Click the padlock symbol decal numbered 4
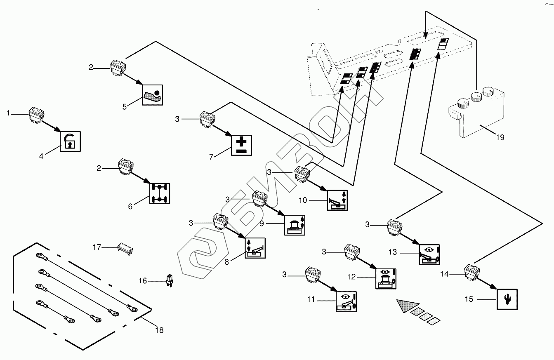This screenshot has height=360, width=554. [x=70, y=141]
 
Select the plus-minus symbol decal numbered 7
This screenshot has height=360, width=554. [x=240, y=145]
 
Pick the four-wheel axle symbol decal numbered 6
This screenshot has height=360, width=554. [x=159, y=194]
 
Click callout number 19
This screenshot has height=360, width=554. [x=500, y=138]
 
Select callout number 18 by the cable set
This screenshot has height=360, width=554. [x=159, y=330]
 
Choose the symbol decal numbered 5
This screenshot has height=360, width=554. [x=153, y=95]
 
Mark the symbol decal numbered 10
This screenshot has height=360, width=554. [x=337, y=200]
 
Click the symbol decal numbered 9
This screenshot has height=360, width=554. [x=295, y=224]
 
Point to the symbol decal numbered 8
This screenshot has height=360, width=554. [x=255, y=248]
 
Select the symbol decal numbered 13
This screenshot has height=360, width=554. [x=429, y=254]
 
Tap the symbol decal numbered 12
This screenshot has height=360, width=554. [x=386, y=278]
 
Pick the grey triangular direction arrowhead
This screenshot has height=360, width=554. [x=407, y=306]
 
